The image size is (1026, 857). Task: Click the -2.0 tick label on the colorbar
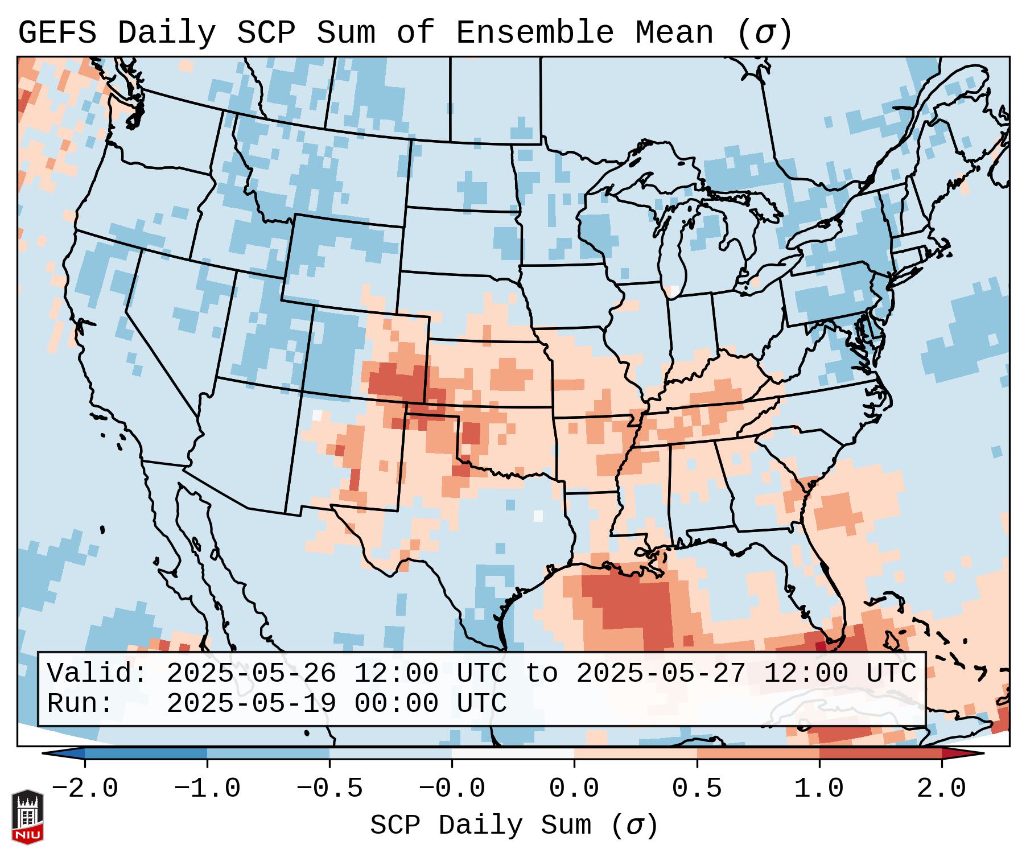[84, 789]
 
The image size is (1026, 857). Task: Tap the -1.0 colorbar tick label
[207, 789]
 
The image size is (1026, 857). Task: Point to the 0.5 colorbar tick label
[697, 789]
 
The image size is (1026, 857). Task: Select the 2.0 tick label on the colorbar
[941, 789]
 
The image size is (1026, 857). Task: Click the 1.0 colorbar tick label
[819, 789]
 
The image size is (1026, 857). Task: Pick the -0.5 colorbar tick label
[329, 789]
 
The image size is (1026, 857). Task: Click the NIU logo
[27, 817]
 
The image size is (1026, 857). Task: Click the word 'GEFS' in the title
[57, 33]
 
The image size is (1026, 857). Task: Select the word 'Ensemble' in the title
[535, 33]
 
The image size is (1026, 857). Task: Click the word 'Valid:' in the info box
[97, 674]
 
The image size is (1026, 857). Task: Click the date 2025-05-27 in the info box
[661, 674]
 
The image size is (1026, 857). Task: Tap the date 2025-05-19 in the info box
[251, 703]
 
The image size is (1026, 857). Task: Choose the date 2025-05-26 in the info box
[251, 674]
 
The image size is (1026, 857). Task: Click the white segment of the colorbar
[513, 753]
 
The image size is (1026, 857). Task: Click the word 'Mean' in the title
[674, 33]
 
